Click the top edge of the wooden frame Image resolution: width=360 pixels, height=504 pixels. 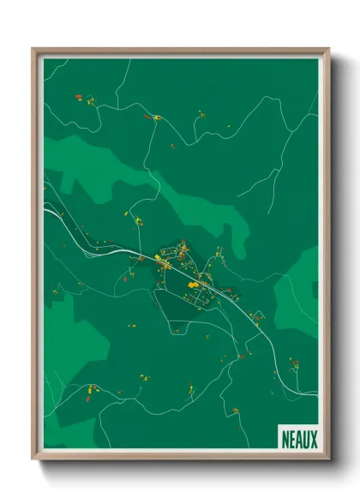(x=180, y=51)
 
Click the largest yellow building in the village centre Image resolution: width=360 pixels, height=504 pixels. (x=193, y=284)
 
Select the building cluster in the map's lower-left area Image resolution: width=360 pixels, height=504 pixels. (x=91, y=393)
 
